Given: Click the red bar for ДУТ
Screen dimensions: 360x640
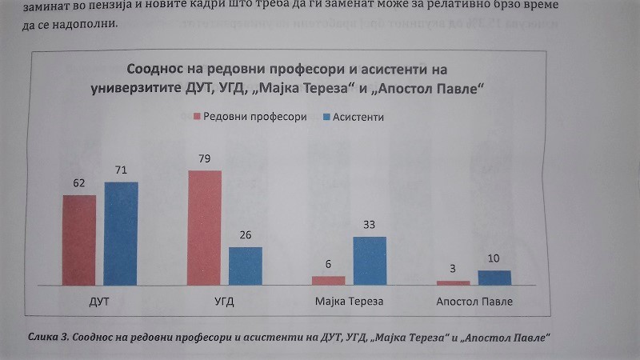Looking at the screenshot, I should [79, 240].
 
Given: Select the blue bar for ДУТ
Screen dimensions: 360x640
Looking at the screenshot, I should [121, 234].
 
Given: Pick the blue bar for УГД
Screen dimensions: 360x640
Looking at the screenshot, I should [245, 266].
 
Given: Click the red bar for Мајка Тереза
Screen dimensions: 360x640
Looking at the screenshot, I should [328, 281].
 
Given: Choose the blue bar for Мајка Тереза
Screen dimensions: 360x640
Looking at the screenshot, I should [369, 261].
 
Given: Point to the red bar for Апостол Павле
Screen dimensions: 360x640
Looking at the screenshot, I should [453, 282].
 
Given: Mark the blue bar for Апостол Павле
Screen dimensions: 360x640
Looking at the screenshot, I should [494, 278].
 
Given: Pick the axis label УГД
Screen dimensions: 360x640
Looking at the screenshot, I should [225, 302].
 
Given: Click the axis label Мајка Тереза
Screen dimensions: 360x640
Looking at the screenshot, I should [349, 302].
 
